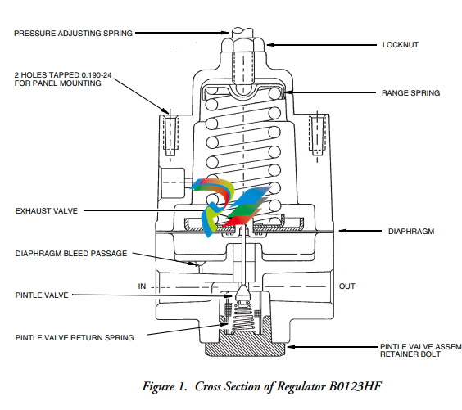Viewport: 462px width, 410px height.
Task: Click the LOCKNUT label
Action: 400,45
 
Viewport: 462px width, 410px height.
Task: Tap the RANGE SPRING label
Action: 410,93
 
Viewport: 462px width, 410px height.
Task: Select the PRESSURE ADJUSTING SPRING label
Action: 74,34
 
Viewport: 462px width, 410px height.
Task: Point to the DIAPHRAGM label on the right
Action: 411,232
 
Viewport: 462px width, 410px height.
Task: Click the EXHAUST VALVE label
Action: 46,211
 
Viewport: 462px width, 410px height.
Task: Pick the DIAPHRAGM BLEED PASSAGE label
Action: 71,254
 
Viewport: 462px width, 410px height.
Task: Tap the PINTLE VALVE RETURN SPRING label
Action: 75,338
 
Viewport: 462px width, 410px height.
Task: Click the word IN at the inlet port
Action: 142,286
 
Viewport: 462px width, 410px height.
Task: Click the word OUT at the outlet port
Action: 346,286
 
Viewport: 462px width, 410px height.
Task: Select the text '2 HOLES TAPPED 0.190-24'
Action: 63,75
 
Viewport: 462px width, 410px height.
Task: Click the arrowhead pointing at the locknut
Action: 270,45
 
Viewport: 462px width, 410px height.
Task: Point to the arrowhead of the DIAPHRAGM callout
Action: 342,231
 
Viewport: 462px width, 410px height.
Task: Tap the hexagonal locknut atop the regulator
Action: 243,45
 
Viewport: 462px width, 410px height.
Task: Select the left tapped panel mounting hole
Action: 170,135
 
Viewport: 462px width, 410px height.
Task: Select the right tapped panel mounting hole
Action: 317,134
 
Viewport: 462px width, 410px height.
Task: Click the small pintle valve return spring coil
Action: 243,318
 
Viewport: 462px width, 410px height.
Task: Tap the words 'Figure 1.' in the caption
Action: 165,387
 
